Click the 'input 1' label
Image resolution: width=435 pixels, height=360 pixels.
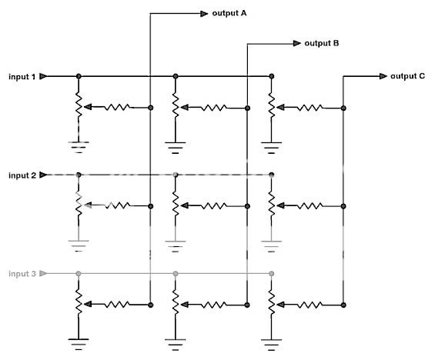22,77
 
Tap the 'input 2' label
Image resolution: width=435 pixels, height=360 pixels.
22,175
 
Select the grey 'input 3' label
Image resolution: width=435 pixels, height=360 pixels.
22,274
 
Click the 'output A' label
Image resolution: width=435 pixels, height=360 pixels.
229,13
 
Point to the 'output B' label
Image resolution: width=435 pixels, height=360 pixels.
322,44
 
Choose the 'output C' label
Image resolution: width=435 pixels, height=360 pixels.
408,75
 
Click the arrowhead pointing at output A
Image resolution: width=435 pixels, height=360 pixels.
203,13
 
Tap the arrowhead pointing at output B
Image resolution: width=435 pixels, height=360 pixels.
296,44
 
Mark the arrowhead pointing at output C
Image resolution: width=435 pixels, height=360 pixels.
383,76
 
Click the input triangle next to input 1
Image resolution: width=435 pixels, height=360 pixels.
44,77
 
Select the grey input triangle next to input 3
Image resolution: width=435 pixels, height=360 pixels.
44,274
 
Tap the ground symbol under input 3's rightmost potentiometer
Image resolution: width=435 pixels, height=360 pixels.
271,339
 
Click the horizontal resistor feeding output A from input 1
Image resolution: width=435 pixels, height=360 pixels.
119,108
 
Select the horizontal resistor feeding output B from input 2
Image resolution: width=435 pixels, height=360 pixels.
215,206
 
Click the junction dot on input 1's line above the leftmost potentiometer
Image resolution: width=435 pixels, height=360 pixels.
78,77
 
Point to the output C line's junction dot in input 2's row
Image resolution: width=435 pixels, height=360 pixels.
343,206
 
